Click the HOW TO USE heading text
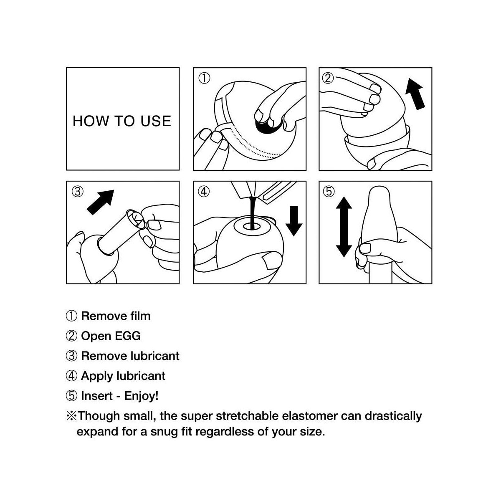[121, 121]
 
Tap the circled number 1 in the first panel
[204, 78]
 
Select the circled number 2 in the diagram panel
[328, 78]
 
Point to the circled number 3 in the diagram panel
[78, 192]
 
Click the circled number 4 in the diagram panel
[204, 192]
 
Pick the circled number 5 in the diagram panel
[329, 192]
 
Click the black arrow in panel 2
[415, 94]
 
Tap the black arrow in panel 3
[100, 202]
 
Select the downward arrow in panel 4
[294, 221]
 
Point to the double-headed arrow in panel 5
[344, 227]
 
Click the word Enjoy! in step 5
[141, 396]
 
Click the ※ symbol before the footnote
[71, 416]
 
